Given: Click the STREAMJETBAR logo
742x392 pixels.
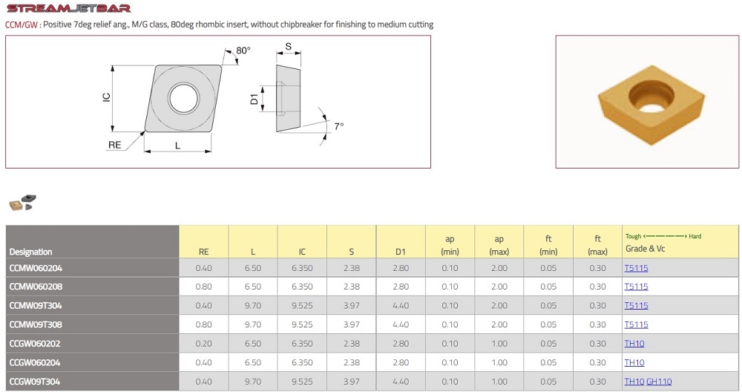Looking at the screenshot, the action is [x=68, y=8].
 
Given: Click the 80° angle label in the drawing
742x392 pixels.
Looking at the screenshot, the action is [x=243, y=50].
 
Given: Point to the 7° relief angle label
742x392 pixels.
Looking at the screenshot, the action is [x=339, y=126].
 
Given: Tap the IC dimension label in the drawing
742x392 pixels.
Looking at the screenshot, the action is [x=106, y=97].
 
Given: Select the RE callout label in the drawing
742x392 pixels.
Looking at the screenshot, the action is [x=114, y=145].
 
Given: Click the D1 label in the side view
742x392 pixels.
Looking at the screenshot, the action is [x=254, y=99].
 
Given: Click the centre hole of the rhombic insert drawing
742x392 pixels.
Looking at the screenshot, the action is [x=183, y=98].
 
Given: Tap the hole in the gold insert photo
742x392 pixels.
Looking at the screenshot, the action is [x=651, y=97].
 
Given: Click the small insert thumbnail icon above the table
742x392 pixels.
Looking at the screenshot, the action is [x=23, y=202].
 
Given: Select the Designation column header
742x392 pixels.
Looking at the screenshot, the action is [x=30, y=252].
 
